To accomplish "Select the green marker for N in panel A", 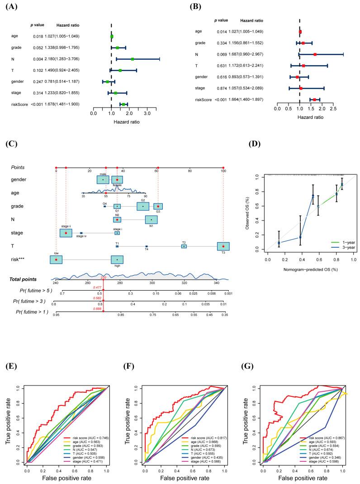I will click(133, 59).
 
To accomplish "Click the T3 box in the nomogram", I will click(223, 246).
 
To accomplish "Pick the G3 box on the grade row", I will click(158, 207).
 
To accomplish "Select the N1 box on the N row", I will click(151, 220).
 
